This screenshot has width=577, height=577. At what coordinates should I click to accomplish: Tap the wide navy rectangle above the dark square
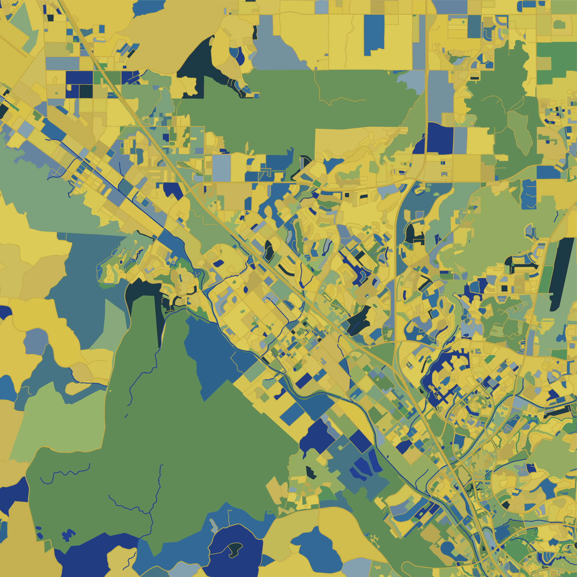point(79,77)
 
